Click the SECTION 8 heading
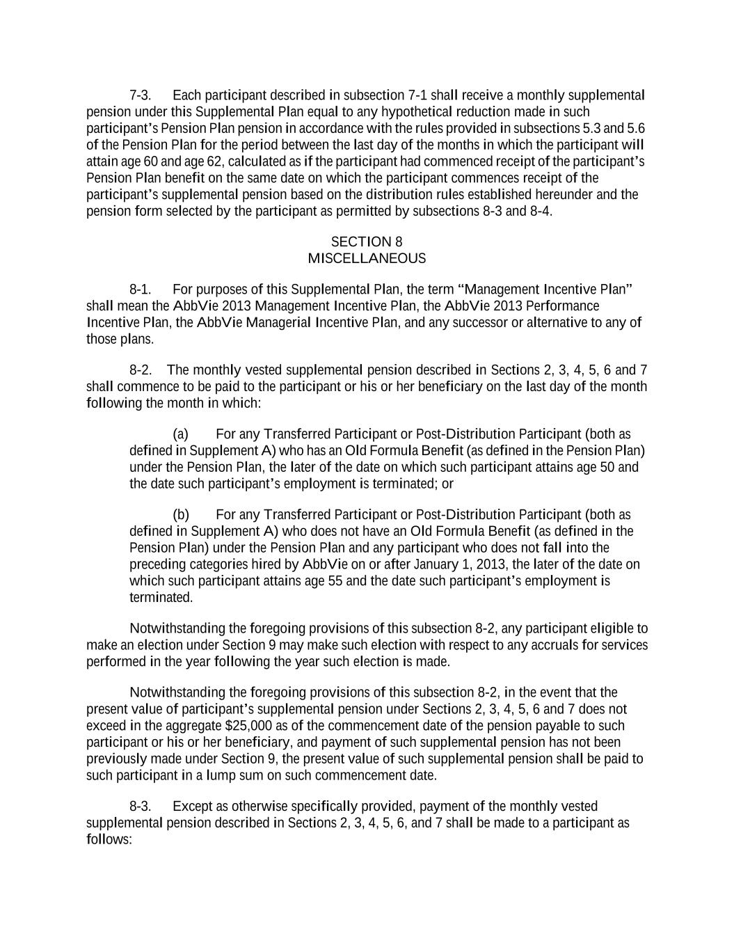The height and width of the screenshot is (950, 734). click(366, 242)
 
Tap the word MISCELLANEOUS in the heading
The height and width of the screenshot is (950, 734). click(366, 258)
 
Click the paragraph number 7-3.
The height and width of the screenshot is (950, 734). click(140, 95)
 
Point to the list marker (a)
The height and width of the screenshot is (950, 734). click(181, 434)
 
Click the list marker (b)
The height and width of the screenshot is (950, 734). click(181, 514)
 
